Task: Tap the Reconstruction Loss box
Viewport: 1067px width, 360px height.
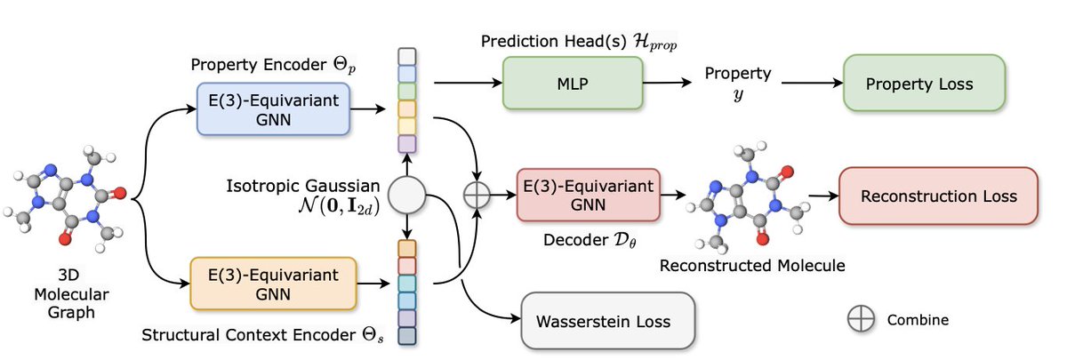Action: [938, 196]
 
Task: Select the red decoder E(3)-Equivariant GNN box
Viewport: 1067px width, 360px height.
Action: [588, 196]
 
